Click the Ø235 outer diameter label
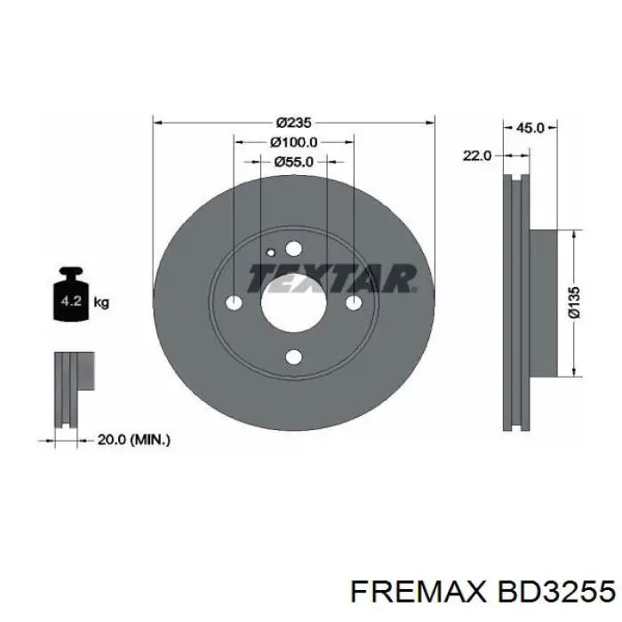[293, 123]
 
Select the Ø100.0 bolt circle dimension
[293, 142]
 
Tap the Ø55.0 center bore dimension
[293, 162]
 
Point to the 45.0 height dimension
[530, 128]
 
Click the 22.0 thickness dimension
[476, 155]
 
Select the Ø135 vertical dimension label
[575, 302]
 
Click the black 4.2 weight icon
[71, 299]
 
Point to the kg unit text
[101, 303]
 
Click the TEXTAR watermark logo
[331, 279]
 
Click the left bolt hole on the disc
[235, 304]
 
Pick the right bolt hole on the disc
[354, 304]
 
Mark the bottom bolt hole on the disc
[294, 358]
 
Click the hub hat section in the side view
[546, 302]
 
